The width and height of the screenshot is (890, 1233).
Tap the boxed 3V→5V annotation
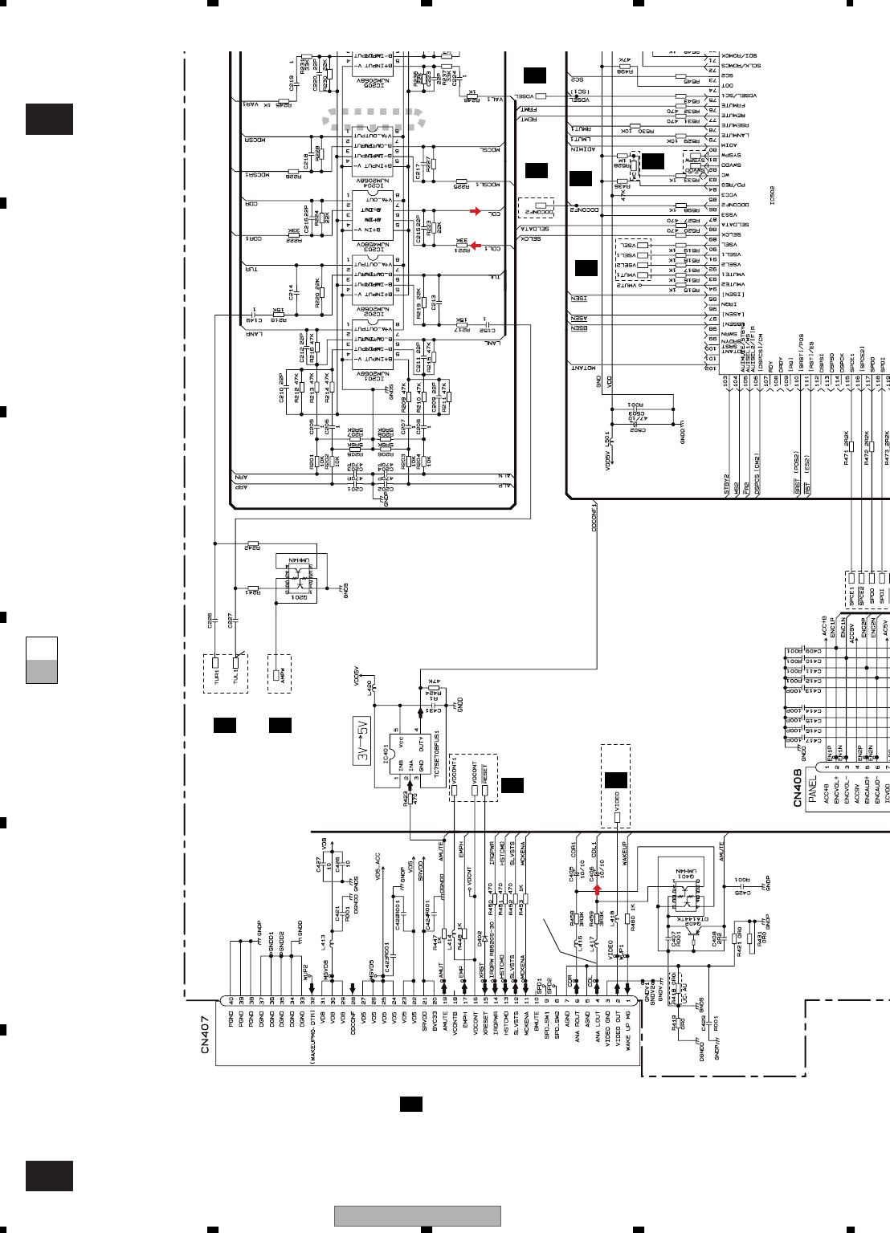coord(362,741)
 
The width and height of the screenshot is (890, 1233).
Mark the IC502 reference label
coord(772,196)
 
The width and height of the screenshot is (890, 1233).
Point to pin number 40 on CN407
coord(231,1000)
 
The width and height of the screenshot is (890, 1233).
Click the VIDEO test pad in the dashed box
coord(617,818)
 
